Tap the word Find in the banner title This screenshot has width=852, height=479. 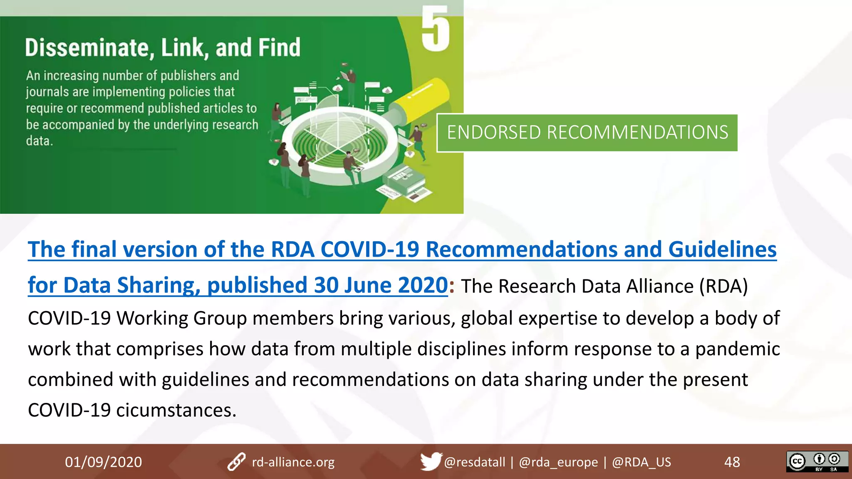click(x=279, y=47)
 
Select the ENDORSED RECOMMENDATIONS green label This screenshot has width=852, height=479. click(x=587, y=133)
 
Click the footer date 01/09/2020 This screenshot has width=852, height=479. click(x=103, y=462)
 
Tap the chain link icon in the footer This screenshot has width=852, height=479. click(x=236, y=462)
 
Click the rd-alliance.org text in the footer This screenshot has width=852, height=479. click(x=293, y=462)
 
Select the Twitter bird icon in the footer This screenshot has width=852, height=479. click(x=430, y=461)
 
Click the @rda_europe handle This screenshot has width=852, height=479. click(x=558, y=462)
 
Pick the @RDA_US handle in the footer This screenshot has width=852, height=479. click(x=641, y=462)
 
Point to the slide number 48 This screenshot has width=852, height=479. click(x=732, y=462)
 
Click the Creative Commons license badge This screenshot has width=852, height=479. click(x=817, y=462)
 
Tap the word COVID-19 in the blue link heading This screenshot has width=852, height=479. click(x=370, y=249)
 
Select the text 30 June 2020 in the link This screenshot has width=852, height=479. click(x=380, y=285)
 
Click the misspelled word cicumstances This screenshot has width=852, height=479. click(x=176, y=410)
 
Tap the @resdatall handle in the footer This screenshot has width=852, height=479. click(x=474, y=462)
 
